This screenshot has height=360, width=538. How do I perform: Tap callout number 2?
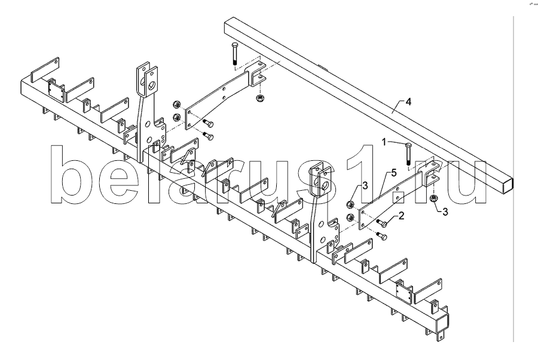[x=402, y=216]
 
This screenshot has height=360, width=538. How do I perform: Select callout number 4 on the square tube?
[x=408, y=102]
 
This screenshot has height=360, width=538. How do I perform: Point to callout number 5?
[x=393, y=173]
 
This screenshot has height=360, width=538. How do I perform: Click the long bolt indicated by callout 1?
[x=408, y=152]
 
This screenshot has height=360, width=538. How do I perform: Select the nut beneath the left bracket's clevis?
[x=259, y=97]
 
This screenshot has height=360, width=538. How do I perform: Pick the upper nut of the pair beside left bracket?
[x=177, y=103]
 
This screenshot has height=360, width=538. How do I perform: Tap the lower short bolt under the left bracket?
[x=209, y=137]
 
